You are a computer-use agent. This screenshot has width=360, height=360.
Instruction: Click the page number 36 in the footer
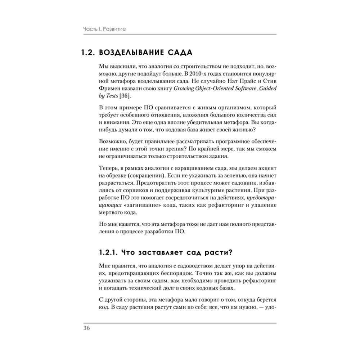click(87, 328)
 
